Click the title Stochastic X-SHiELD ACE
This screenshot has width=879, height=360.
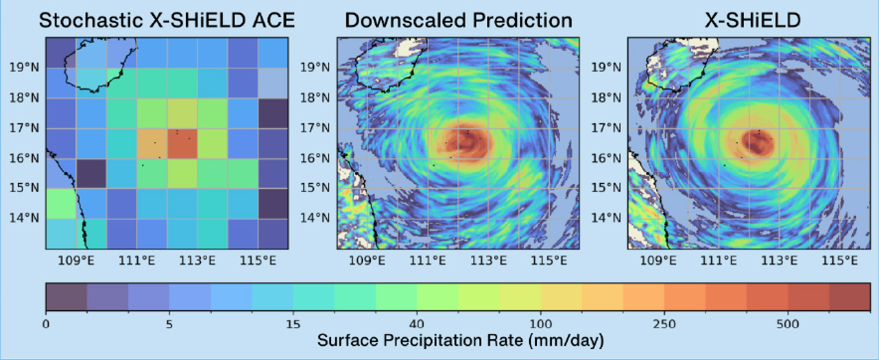(x=167, y=20)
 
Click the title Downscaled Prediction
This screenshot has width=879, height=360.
(x=458, y=20)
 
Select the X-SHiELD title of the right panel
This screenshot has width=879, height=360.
(x=752, y=20)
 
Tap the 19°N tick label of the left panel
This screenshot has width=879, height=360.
(x=24, y=67)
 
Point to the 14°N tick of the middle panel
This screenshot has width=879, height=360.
(x=315, y=218)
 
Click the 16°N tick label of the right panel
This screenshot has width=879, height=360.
(x=606, y=159)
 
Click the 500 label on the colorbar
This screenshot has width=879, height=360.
(x=788, y=325)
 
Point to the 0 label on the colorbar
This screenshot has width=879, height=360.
(x=46, y=325)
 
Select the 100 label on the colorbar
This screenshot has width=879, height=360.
(x=540, y=325)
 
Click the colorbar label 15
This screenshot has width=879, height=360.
(x=293, y=325)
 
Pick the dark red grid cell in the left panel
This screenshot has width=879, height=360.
(x=182, y=144)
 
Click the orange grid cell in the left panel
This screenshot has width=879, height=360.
(x=152, y=144)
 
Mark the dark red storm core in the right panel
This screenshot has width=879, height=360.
(x=757, y=143)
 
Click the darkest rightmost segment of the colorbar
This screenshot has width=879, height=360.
(x=850, y=297)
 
